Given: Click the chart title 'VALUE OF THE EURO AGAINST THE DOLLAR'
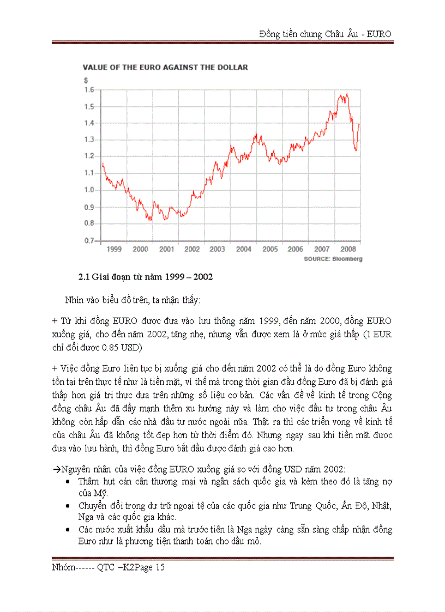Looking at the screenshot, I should coord(165,68).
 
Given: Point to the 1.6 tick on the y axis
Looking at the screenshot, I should coord(89,89).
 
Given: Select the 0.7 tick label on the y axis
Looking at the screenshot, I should coord(89,240).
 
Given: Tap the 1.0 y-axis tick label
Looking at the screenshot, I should coord(89,190).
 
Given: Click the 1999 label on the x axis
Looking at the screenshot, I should coord(114,249).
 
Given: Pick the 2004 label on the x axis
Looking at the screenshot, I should coord(243,249).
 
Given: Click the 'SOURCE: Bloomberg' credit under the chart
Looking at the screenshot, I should coord(333,259).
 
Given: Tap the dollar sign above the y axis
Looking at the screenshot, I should coord(85,80).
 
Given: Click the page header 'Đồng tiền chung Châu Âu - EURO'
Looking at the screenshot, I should coord(326,34).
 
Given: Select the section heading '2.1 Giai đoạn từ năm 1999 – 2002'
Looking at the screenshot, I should coord(146,277).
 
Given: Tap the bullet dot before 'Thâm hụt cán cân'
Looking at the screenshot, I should coord(67,482).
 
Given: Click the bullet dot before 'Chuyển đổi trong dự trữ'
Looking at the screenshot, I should coord(67,506).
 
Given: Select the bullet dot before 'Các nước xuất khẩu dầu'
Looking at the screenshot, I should coord(67,530).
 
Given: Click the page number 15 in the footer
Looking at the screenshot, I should coord(160,567).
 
